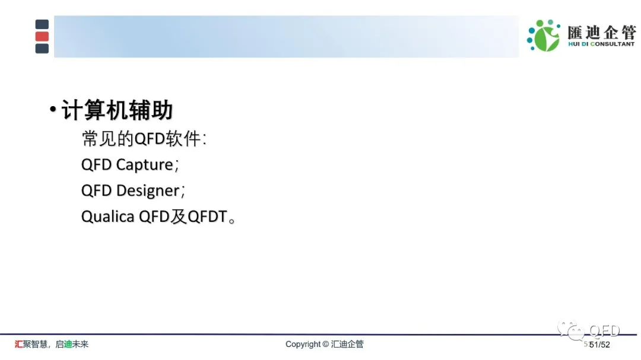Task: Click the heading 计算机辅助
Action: (118, 110)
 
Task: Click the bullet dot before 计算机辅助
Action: (53, 109)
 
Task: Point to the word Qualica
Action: (107, 216)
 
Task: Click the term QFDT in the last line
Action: (207, 216)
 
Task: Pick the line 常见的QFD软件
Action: (144, 139)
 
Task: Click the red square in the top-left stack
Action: (42, 36)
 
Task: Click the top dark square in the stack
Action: (42, 24)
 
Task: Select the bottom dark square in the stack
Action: (42, 49)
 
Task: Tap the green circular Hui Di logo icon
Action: (544, 36)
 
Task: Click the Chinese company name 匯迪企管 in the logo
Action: (601, 32)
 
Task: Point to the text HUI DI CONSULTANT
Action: (601, 44)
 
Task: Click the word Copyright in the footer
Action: (303, 345)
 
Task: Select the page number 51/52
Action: (599, 345)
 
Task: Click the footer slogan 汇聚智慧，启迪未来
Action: (52, 344)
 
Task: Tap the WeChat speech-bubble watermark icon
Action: (571, 330)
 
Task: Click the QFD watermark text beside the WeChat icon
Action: (604, 330)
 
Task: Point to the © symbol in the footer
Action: (326, 344)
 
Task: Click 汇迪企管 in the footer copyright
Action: (347, 344)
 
